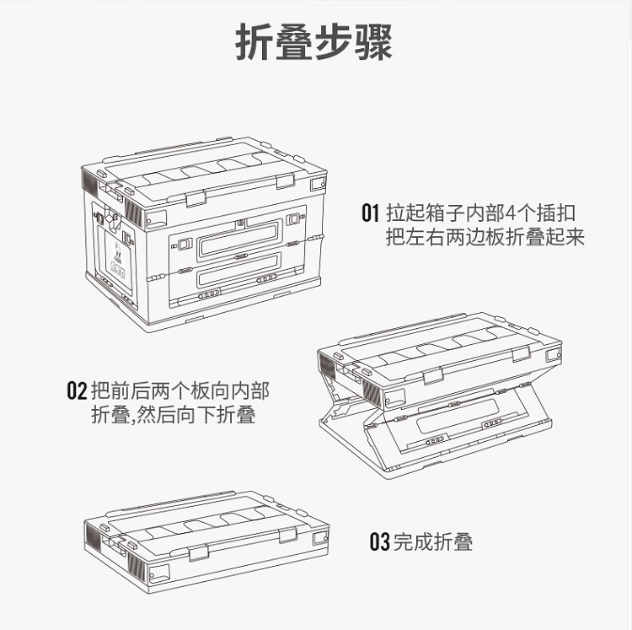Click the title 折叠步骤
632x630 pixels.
click(x=313, y=42)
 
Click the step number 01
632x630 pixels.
click(x=370, y=213)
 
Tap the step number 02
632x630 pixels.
click(x=77, y=390)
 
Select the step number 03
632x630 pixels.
click(x=380, y=541)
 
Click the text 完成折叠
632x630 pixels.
click(x=433, y=541)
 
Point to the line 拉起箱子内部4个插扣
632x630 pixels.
click(x=480, y=213)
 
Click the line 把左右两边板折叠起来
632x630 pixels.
click(x=485, y=237)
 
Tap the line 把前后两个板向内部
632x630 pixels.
click(x=180, y=390)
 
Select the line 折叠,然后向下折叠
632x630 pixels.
click(x=174, y=414)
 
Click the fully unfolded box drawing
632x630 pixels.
click(x=205, y=234)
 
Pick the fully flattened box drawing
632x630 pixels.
click(x=206, y=542)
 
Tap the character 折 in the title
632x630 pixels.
click(x=254, y=42)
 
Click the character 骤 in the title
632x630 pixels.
click(x=373, y=42)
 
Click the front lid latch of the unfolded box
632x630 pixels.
click(x=195, y=199)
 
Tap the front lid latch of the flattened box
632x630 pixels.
click(x=199, y=553)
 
